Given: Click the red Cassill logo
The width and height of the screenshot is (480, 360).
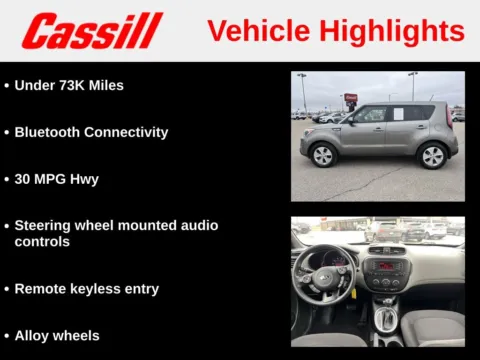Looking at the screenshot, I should tap(92, 31).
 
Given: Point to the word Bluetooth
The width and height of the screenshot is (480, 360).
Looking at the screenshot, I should tap(50, 132).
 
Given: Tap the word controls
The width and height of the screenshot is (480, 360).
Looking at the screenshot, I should tap(42, 242).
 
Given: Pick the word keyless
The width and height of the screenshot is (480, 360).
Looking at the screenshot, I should tap(99, 289).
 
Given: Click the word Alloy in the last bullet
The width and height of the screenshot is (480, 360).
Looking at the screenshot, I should tap(35, 336).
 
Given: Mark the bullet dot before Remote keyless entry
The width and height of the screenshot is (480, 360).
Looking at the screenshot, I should tap(7, 289).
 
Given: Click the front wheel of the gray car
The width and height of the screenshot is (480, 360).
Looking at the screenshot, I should tap(323, 155).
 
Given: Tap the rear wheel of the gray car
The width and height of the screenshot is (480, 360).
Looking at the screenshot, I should tap(432, 155).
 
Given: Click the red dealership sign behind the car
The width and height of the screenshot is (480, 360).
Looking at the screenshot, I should tap(350, 98).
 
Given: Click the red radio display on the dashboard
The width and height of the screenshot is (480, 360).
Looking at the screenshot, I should tap(385, 266).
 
